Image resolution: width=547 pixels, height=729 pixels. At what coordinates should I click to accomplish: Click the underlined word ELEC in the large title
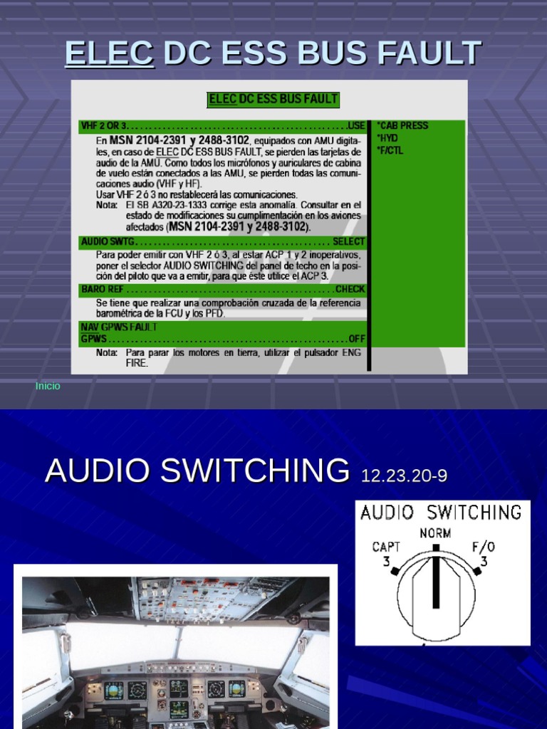[109, 53]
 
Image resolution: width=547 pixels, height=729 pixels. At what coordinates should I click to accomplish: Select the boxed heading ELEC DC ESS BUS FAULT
[273, 100]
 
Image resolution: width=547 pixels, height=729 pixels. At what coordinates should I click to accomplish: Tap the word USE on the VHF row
[356, 126]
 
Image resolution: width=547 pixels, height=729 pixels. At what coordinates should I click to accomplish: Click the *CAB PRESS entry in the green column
[402, 126]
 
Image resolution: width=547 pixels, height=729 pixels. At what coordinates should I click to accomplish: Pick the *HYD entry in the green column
[389, 138]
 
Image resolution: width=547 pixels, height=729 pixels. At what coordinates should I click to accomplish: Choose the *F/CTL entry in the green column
[391, 150]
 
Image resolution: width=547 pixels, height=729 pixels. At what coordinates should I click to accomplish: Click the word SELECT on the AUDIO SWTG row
[348, 242]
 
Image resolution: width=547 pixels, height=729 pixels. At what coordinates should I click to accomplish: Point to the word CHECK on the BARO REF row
[350, 290]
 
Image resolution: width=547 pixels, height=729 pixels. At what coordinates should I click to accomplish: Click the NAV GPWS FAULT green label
[119, 327]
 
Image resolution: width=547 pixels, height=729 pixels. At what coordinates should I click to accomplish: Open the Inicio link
[48, 386]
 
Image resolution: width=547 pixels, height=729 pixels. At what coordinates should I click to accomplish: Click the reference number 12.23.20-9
[404, 476]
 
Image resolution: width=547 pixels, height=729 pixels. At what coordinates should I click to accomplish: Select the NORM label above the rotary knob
[435, 533]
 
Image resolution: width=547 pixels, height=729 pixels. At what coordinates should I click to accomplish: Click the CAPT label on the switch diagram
[386, 547]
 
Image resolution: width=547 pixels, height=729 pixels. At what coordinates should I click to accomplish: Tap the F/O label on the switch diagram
[484, 547]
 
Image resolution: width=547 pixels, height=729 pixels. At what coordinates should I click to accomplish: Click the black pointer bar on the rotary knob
[436, 577]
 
